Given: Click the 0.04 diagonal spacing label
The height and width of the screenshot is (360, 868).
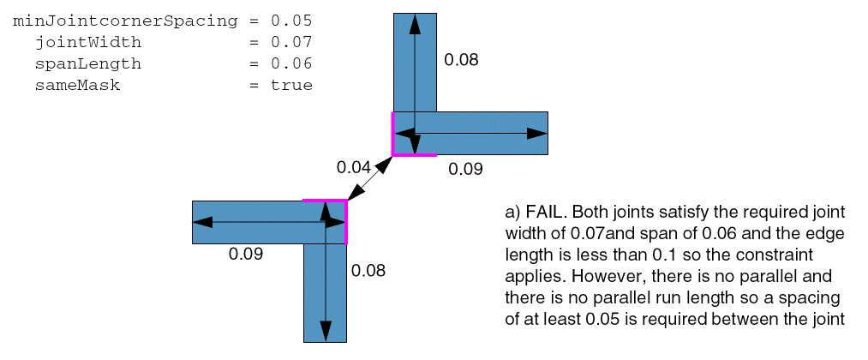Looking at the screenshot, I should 354,167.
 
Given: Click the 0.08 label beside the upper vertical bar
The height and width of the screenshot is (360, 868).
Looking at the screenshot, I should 461,60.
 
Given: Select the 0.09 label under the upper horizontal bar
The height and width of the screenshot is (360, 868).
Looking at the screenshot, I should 466,169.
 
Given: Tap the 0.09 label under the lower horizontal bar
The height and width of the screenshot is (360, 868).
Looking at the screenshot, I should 246,254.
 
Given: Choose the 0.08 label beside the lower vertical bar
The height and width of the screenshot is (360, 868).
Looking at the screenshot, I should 368,271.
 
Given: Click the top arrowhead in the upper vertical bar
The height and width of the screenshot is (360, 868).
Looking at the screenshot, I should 415,25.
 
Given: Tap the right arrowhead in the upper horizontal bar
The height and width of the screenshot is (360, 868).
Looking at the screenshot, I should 536,134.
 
